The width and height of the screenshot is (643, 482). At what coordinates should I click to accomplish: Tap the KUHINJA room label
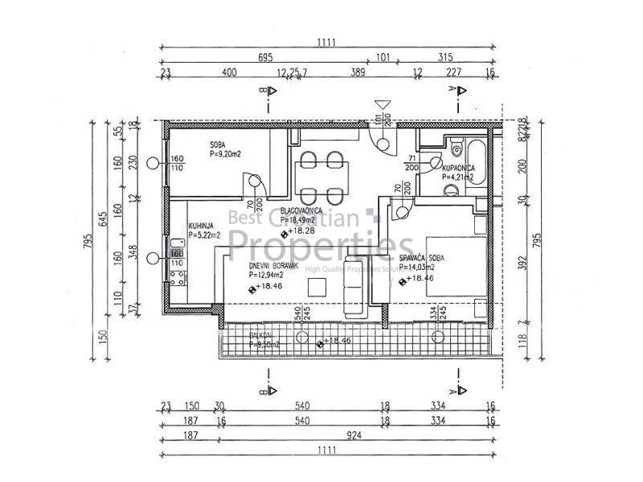pyautogui.click(x=202, y=226)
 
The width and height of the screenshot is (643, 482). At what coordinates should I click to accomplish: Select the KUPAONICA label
pyautogui.click(x=457, y=168)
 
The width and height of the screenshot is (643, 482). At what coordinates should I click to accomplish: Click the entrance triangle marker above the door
pyautogui.click(x=383, y=104)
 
